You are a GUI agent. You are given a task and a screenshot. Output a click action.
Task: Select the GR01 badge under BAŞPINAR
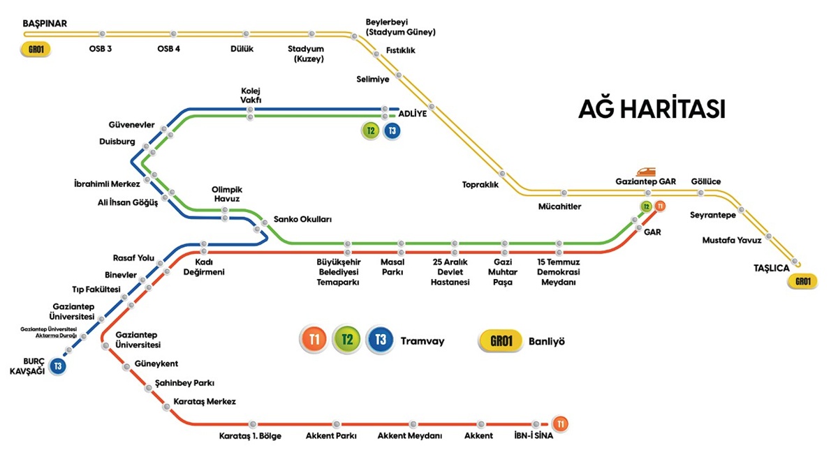[36, 50]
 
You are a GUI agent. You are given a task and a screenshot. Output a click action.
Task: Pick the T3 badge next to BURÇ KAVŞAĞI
[58, 366]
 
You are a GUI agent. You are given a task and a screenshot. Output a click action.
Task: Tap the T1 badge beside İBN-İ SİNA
[560, 423]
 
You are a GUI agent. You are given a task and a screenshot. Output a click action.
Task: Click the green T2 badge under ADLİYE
[371, 130]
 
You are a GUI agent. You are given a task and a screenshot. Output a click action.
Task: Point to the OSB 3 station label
[101, 49]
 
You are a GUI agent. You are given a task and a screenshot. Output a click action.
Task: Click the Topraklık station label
[480, 185]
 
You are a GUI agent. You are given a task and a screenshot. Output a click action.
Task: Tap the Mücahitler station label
[559, 206]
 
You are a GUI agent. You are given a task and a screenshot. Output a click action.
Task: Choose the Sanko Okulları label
[302, 219]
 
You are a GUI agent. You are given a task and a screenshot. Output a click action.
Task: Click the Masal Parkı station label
[392, 268]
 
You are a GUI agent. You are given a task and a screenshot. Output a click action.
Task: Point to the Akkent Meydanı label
[410, 436]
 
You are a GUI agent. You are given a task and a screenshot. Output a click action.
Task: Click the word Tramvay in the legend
[422, 341]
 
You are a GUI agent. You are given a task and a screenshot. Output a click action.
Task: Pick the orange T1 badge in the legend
[314, 340]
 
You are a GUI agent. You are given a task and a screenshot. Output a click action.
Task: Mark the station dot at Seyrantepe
[742, 210]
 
